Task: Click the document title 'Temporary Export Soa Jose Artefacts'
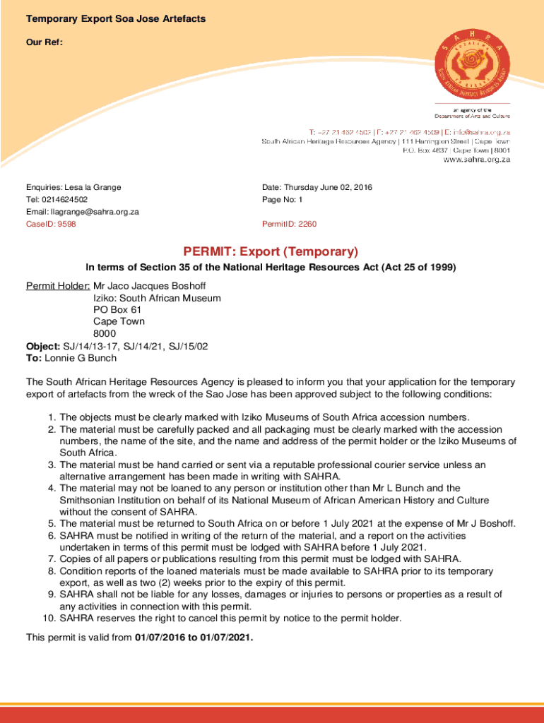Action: pos(116,18)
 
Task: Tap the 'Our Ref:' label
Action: pos(45,42)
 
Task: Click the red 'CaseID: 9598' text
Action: pos(52,224)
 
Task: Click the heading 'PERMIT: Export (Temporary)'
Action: pos(271,251)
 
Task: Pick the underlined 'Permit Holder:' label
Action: pos(58,286)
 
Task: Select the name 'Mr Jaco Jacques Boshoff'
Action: pos(150,286)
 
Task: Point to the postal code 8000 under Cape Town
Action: pos(105,334)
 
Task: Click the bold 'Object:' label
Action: pos(43,346)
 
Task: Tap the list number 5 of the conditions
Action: pos(52,523)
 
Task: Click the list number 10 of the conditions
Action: pos(49,619)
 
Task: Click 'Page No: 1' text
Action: pos(283,200)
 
